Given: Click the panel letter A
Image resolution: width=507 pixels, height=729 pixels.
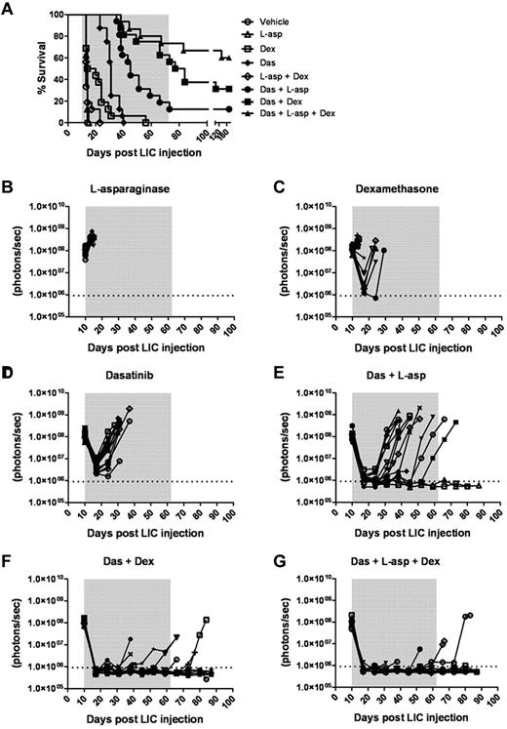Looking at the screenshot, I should click(7, 8).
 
